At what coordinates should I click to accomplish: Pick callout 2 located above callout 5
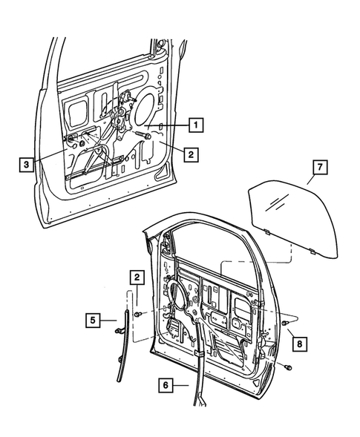pos(137,277)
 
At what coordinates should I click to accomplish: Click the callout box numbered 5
pos(94,321)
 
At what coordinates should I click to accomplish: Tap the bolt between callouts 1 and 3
pos(143,136)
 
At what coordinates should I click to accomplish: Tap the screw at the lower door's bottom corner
pos(289,367)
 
